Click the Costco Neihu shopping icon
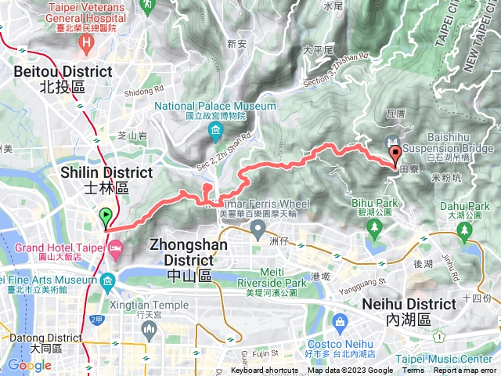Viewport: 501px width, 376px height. (340, 321)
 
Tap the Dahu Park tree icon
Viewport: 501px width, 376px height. (465, 229)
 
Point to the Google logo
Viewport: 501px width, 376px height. (30, 365)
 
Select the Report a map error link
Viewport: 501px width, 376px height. (465, 371)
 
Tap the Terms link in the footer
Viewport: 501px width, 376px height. (413, 371)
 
